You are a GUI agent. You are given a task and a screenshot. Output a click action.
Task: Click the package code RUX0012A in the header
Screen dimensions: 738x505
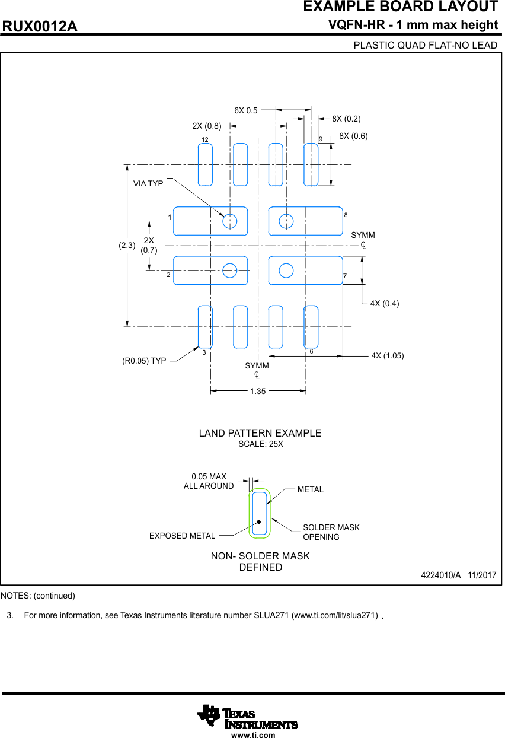click(x=40, y=27)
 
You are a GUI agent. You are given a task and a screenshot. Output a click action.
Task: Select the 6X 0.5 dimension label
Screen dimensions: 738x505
click(x=245, y=110)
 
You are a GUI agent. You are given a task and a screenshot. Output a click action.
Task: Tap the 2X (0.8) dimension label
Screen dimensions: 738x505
click(x=206, y=126)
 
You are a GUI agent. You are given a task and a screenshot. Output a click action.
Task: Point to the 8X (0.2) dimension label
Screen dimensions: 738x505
click(x=346, y=119)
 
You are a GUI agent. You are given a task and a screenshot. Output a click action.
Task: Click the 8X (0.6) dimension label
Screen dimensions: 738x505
click(x=353, y=136)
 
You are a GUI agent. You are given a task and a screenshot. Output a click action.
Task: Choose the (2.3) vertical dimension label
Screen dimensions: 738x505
click(x=127, y=245)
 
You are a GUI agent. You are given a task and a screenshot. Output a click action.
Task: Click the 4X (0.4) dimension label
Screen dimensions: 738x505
click(x=384, y=303)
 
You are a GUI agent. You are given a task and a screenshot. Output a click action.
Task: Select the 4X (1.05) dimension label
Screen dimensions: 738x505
click(x=387, y=355)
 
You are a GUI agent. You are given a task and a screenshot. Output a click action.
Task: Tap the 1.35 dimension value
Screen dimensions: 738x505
click(x=258, y=391)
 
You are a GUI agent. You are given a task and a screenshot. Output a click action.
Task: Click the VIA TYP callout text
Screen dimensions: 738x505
click(x=148, y=183)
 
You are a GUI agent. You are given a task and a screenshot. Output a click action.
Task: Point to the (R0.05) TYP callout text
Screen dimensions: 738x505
click(x=144, y=360)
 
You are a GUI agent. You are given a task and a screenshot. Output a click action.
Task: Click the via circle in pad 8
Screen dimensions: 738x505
click(x=286, y=221)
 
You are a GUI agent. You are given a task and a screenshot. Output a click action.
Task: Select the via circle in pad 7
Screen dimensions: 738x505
click(x=286, y=271)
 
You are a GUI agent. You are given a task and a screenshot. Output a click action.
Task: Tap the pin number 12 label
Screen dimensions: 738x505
click(x=204, y=139)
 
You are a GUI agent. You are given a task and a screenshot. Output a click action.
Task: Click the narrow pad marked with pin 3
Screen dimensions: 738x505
click(x=205, y=326)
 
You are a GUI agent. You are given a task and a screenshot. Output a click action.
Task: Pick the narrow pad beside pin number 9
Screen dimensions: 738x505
click(x=311, y=164)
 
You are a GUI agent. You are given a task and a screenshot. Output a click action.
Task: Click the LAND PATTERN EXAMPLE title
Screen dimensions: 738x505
click(x=260, y=433)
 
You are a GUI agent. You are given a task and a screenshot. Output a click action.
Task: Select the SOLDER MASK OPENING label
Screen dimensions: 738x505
click(x=331, y=532)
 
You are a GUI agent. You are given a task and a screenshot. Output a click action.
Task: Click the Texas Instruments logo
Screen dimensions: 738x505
click(x=248, y=716)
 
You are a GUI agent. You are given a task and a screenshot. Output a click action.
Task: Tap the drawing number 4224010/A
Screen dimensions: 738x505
click(x=440, y=575)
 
